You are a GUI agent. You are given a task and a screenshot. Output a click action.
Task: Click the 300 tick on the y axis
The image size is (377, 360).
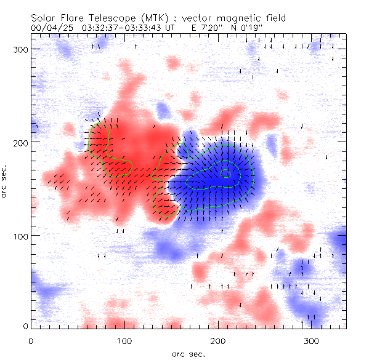point(18,49)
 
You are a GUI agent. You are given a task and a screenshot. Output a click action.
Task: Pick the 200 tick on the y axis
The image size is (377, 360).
point(18,142)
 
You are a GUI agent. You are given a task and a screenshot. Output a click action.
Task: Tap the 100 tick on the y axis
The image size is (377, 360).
point(18,236)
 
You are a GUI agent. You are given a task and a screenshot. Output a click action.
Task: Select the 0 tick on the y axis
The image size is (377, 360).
point(23,326)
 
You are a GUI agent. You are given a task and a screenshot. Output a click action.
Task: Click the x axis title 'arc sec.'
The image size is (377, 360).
point(187,354)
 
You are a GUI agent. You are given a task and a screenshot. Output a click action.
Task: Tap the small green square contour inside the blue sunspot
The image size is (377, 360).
point(226,173)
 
